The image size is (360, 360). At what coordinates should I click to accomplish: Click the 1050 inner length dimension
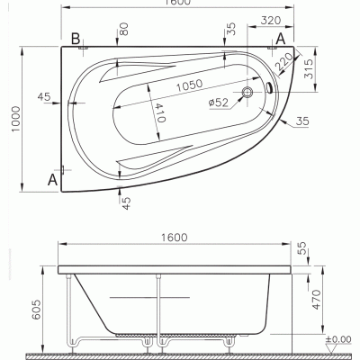pyautogui.click(x=189, y=85)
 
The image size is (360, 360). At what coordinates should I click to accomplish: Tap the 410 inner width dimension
pyautogui.click(x=160, y=112)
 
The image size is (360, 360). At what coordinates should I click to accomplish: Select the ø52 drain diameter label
pyautogui.click(x=219, y=103)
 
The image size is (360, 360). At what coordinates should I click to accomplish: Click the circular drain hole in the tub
pyautogui.click(x=247, y=92)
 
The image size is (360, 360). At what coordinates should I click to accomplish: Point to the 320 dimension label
pyautogui.click(x=271, y=21)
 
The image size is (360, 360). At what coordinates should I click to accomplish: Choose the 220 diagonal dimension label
pyautogui.click(x=283, y=61)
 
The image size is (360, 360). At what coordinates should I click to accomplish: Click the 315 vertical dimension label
pyautogui.click(x=308, y=68)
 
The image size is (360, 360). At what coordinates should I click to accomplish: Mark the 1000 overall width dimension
pyautogui.click(x=15, y=119)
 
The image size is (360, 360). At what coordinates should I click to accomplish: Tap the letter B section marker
pyautogui.click(x=76, y=39)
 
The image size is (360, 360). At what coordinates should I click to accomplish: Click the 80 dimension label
pyautogui.click(x=124, y=29)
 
